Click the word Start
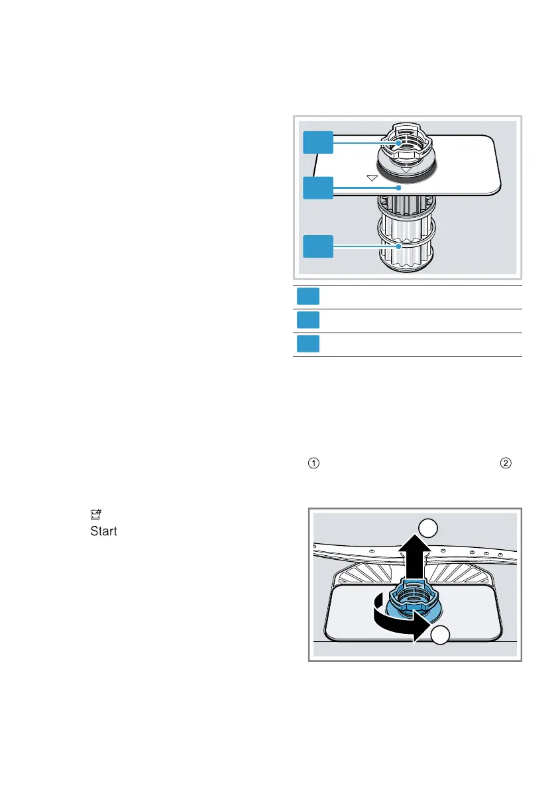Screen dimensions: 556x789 (104, 532)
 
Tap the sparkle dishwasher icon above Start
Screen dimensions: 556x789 (95, 514)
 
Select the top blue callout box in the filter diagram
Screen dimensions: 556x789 (318, 142)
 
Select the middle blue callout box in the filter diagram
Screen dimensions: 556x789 (318, 188)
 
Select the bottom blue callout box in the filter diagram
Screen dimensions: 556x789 (318, 246)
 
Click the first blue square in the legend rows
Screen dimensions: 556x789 (307, 297)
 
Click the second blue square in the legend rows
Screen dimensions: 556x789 (307, 321)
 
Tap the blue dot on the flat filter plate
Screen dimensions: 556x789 (398, 188)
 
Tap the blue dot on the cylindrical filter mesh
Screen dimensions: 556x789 (399, 246)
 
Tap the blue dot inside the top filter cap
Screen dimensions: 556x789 (398, 142)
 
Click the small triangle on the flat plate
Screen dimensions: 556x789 (372, 178)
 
